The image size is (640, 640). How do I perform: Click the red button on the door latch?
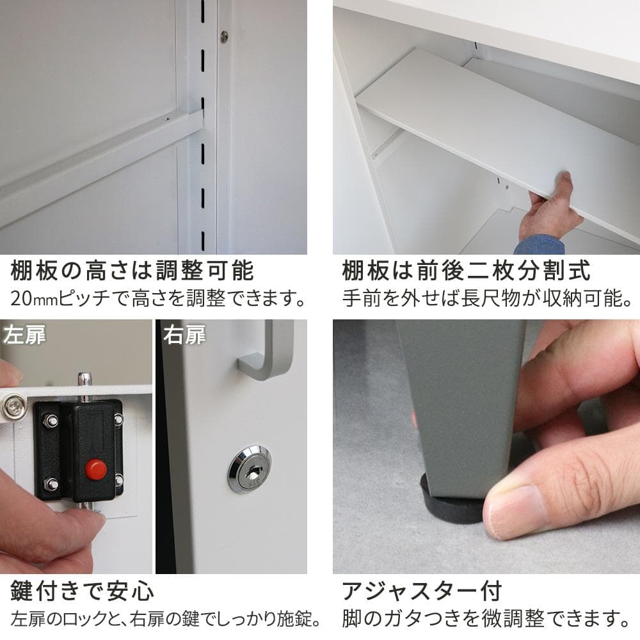[x=96, y=469]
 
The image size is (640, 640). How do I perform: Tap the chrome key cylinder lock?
[x=249, y=468]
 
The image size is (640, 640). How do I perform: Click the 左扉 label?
[x=24, y=335]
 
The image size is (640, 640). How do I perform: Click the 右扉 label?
[x=184, y=335]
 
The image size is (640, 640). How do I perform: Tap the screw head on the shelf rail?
[x=224, y=36]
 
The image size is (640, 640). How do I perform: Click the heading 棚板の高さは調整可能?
[x=132, y=270]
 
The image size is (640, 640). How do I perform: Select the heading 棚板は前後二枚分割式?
[x=466, y=270]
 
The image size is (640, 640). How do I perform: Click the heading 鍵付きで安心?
[x=82, y=591]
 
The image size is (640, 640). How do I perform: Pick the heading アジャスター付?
[x=422, y=591]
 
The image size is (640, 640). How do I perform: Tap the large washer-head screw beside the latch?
[x=14, y=406]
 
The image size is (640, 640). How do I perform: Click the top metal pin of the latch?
[x=84, y=383]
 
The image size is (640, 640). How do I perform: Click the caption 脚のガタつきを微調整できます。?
[x=486, y=619]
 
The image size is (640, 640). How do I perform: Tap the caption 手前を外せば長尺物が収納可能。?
[x=487, y=298]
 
